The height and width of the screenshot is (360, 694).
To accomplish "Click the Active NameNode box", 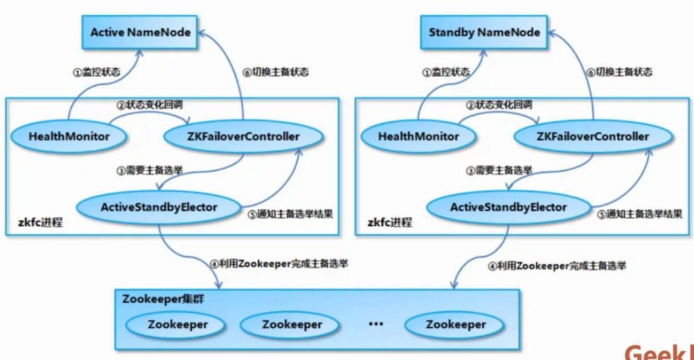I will (x=140, y=32).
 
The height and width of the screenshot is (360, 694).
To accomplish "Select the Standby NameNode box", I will (x=484, y=32).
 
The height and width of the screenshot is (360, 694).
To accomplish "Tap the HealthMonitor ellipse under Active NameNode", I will (x=68, y=136).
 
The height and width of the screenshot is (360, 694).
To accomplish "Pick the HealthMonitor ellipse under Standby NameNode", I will (x=418, y=136).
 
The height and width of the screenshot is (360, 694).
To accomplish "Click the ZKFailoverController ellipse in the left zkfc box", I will (x=242, y=136).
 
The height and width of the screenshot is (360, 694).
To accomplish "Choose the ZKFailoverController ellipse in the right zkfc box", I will (x=592, y=136).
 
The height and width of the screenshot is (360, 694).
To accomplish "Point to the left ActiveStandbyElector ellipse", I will (x=160, y=207).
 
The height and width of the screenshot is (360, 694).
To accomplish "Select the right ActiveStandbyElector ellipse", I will (x=508, y=207).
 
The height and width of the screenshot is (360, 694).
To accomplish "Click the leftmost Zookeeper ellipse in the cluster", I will (x=178, y=324).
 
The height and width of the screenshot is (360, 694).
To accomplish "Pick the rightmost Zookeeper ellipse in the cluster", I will (x=455, y=324).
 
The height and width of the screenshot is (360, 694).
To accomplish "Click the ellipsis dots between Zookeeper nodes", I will (x=376, y=324).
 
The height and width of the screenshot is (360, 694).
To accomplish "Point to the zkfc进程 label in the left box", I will (x=40, y=222).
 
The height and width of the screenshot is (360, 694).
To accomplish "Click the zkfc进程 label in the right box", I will (x=390, y=222).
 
